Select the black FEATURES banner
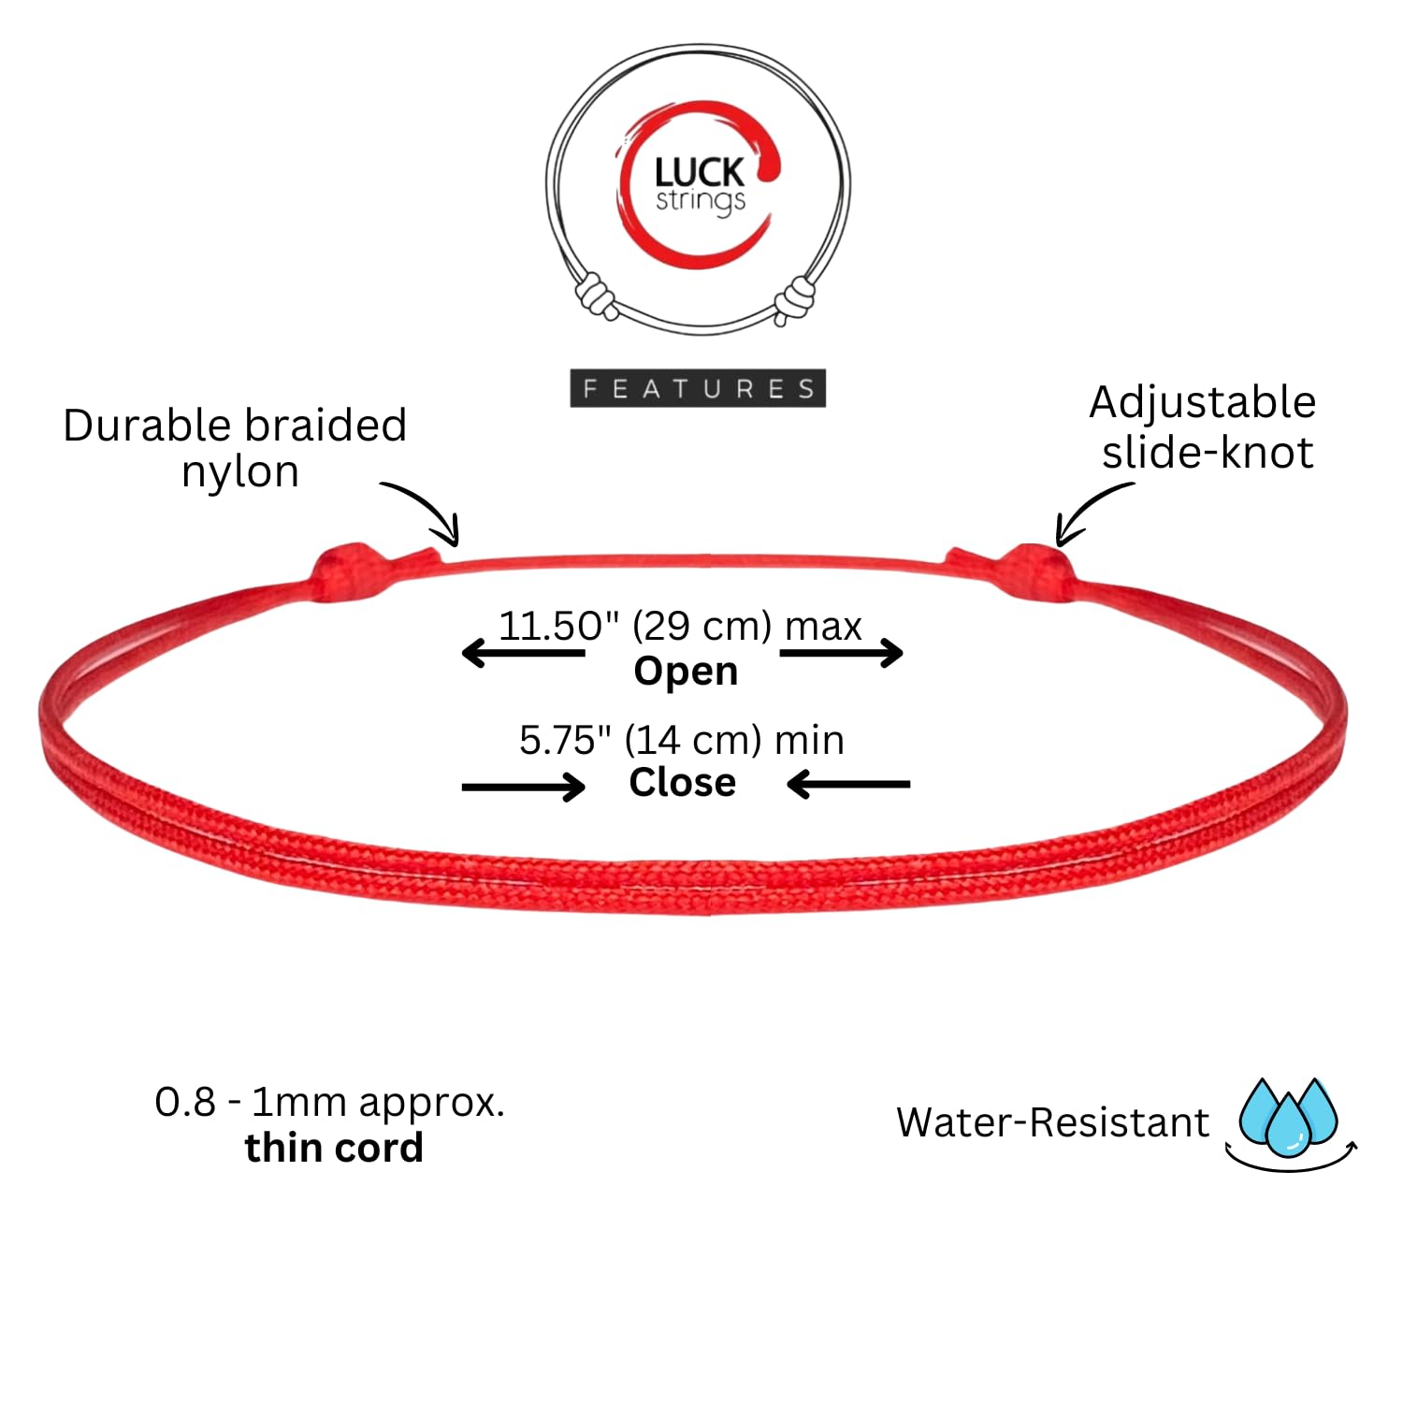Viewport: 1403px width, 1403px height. point(698,388)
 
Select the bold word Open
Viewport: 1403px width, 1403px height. point(686,671)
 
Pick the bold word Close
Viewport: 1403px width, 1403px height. point(683,782)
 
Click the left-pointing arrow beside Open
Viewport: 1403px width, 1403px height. point(524,652)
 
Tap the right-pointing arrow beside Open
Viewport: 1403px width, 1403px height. point(842,652)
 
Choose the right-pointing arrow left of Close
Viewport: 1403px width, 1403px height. point(524,787)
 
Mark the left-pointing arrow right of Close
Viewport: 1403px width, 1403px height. point(848,784)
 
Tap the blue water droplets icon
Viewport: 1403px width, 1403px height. point(1290,1122)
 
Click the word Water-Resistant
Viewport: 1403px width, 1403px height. point(1053,1122)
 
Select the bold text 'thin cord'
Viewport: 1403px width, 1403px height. point(334,1147)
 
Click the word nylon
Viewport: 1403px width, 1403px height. point(240,471)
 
